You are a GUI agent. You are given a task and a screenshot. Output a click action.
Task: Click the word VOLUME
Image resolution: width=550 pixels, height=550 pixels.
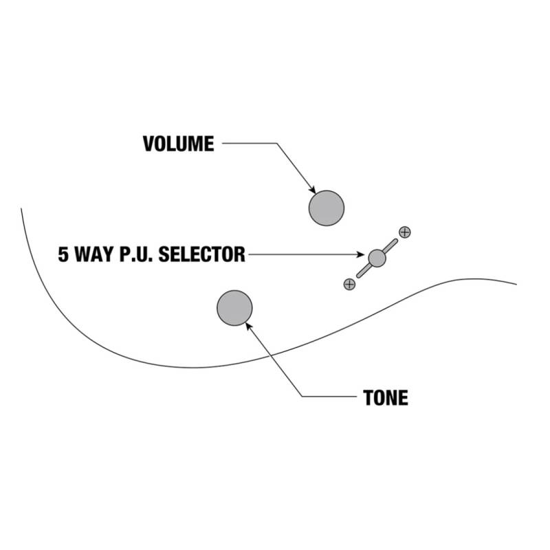coord(178,144)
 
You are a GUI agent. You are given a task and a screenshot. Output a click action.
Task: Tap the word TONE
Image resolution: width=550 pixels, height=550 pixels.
coord(386,398)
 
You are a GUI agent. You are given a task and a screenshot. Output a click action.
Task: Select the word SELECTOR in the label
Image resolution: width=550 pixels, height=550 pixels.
coord(201,254)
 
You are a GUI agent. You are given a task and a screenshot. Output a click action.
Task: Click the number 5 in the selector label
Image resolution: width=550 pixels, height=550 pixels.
coord(63,254)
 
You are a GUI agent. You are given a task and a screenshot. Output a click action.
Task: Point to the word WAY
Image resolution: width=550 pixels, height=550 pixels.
coord(94,254)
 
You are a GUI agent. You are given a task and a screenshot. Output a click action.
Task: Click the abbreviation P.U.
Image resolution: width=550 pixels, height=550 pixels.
coord(137,254)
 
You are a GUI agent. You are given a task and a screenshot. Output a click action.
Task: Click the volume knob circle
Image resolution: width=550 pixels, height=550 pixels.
coord(326,208)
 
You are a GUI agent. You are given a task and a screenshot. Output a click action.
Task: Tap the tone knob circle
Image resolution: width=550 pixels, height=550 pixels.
coord(234,308)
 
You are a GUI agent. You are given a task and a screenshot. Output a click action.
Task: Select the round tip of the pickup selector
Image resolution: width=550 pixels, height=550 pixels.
coord(377,258)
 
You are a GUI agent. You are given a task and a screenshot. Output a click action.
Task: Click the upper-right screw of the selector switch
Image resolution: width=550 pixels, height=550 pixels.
coord(405,232)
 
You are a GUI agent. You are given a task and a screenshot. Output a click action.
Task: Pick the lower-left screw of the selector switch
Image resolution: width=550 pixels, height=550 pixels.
coord(349,284)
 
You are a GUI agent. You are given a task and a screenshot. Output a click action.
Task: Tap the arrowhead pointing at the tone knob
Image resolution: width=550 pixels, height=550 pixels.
coord(249,326)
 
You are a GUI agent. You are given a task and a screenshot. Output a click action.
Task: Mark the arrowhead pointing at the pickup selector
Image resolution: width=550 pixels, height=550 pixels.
coord(360,254)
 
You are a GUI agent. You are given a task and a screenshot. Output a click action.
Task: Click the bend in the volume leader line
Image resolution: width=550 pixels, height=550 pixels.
coord(277,143)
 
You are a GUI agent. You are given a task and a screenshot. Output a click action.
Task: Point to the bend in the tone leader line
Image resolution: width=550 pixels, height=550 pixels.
coord(302,397)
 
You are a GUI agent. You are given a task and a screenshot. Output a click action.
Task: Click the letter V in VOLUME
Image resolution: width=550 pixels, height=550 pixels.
coord(148,144)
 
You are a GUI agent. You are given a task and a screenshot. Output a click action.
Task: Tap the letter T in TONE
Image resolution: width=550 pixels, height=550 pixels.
coord(368,398)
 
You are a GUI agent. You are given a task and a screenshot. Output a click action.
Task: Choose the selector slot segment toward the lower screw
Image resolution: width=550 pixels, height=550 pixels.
coord(364,271)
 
